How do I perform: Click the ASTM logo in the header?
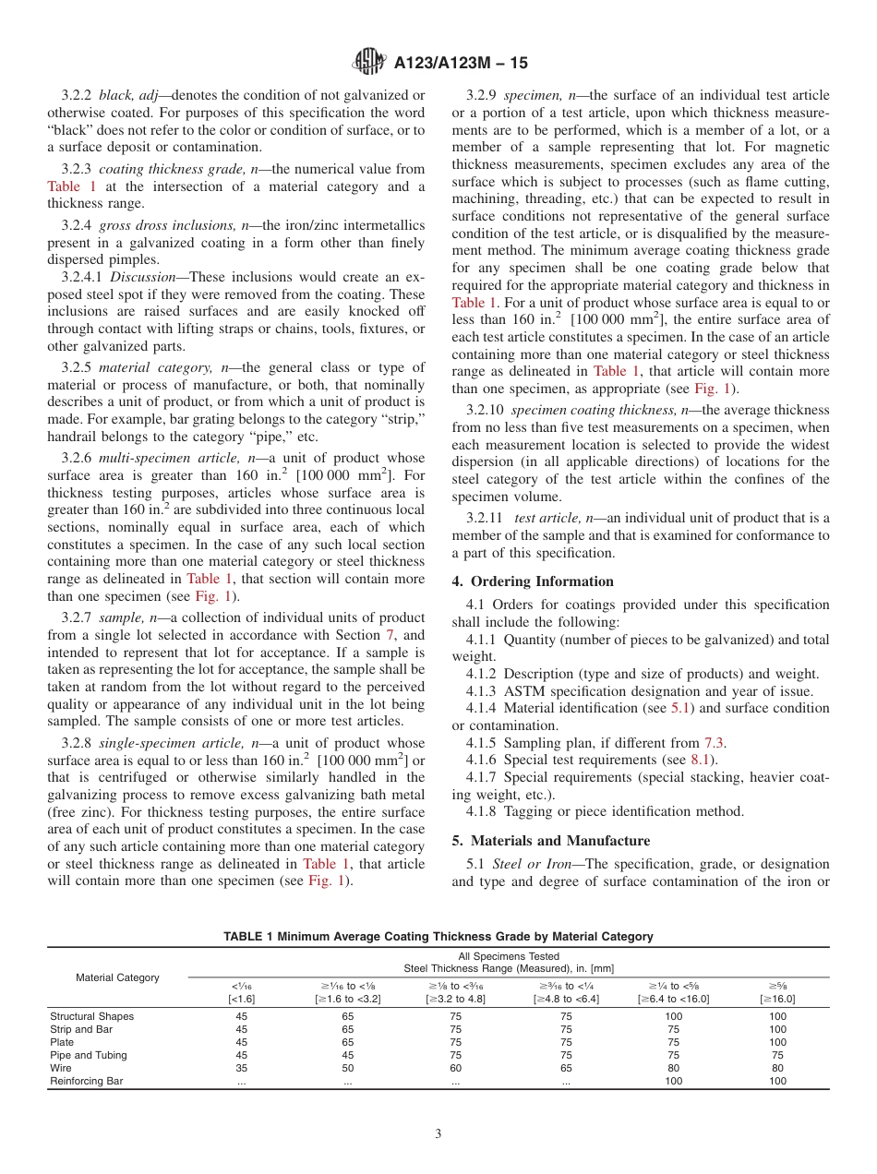[370, 63]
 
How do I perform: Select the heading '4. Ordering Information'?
[533, 581]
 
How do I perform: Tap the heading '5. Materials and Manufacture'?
[551, 841]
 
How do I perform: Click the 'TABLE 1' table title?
[438, 936]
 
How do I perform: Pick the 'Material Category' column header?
[117, 977]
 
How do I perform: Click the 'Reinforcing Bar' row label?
[86, 1081]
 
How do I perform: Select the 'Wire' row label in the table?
[61, 1068]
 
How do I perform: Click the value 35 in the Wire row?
[241, 1068]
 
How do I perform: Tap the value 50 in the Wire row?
[347, 1068]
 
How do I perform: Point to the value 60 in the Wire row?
[456, 1068]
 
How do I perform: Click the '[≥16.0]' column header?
[777, 999]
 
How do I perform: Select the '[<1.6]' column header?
[241, 999]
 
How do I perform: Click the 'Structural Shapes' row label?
[91, 1016]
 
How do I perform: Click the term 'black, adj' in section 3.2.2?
[133, 95]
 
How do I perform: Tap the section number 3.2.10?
[486, 410]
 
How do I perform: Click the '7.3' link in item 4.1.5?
[715, 742]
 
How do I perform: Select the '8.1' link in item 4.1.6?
[701, 759]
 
